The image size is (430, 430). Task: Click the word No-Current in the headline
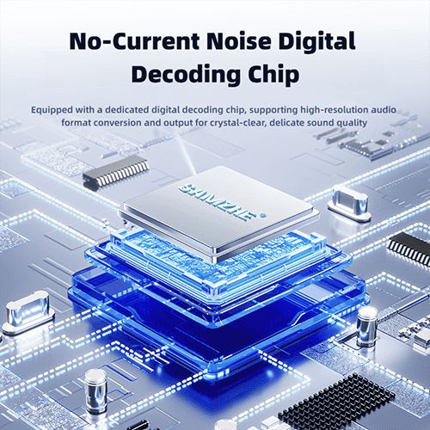pyautogui.click(x=134, y=40)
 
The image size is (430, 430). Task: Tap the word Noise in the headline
pyautogui.click(x=238, y=40)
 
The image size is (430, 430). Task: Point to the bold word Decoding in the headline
pyautogui.click(x=186, y=75)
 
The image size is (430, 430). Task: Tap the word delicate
pyautogui.click(x=287, y=123)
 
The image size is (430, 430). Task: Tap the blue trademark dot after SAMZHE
pyautogui.click(x=262, y=215)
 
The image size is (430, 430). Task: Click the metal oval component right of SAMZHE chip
pyautogui.click(x=349, y=202)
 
